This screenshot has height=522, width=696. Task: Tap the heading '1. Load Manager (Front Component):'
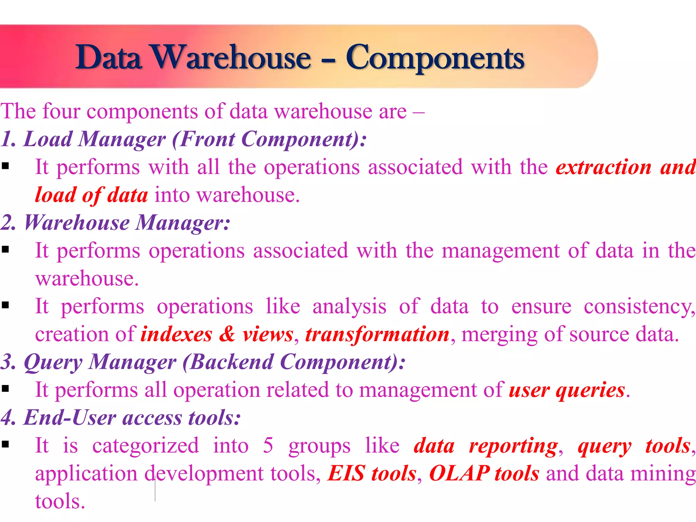point(184,139)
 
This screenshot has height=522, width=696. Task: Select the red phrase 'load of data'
point(91,195)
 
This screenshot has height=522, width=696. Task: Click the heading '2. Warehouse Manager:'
point(116,223)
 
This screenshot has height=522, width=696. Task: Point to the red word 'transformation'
point(377,334)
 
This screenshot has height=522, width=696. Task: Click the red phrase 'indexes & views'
point(217,334)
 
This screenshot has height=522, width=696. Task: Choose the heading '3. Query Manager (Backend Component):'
point(203,362)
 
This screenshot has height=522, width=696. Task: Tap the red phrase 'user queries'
point(567,390)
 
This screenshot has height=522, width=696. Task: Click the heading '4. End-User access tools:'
point(121,418)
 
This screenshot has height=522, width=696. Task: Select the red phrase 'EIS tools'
point(371,473)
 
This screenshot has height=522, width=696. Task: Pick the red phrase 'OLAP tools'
point(484,473)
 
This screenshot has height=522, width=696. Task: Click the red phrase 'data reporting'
point(485,446)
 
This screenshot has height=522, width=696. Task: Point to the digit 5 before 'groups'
point(268,445)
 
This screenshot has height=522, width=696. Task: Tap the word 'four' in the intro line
point(61,111)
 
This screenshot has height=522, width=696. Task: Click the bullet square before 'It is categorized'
point(5,444)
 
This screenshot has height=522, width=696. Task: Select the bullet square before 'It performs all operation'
point(5,388)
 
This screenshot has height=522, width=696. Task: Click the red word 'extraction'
point(604,167)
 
